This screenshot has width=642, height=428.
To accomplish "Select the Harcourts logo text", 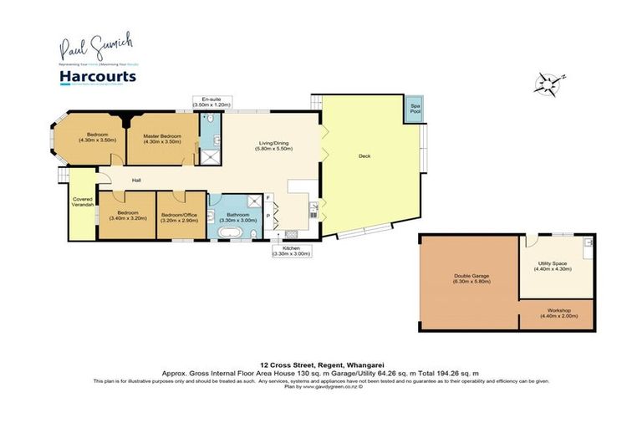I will [97, 77].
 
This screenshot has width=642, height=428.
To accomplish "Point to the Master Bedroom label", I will [161, 137].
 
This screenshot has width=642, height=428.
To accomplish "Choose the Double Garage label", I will [471, 278].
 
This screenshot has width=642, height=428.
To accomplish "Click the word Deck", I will [364, 156].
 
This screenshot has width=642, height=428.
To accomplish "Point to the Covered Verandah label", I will [81, 203].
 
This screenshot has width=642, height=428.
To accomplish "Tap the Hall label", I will [135, 180].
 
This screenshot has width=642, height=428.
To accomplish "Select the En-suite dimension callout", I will [215, 102].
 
